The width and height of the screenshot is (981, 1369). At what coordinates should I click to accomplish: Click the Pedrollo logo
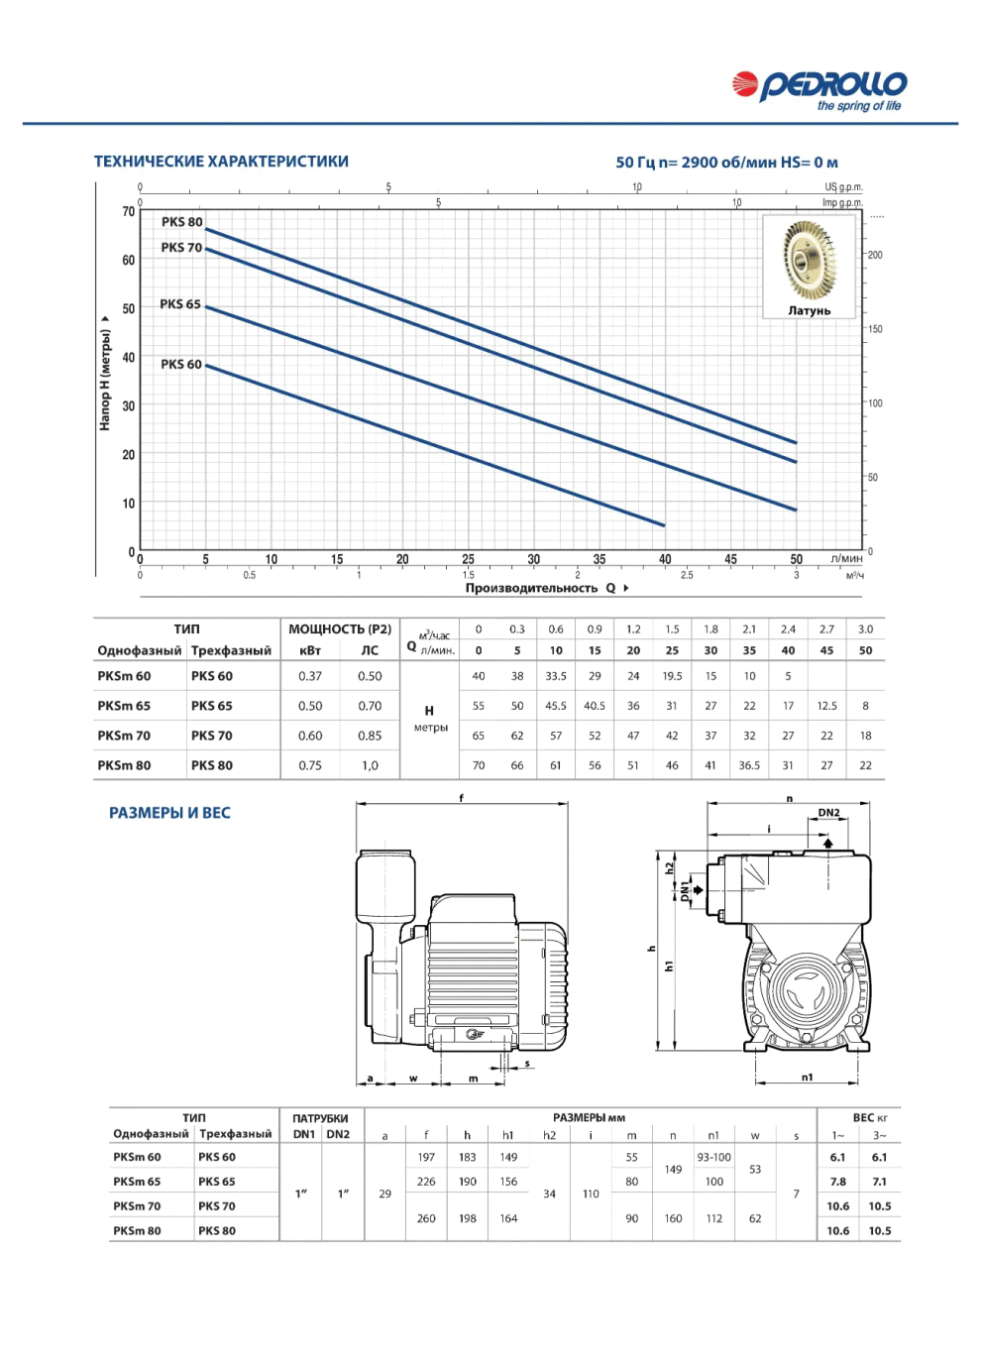(x=819, y=90)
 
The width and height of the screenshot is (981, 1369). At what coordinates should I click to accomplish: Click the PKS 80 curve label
(x=181, y=222)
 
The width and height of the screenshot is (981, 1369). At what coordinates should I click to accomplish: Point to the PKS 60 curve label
(x=180, y=364)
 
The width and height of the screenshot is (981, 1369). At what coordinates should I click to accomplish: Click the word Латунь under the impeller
(x=809, y=310)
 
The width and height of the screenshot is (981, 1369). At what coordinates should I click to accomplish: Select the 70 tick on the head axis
(x=128, y=211)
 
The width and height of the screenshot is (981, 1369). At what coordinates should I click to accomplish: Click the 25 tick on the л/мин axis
(x=468, y=559)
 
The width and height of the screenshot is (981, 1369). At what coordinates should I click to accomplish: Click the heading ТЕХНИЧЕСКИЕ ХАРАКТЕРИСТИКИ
(x=221, y=162)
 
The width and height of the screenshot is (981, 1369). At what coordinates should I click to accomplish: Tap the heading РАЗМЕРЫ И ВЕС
(x=169, y=813)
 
